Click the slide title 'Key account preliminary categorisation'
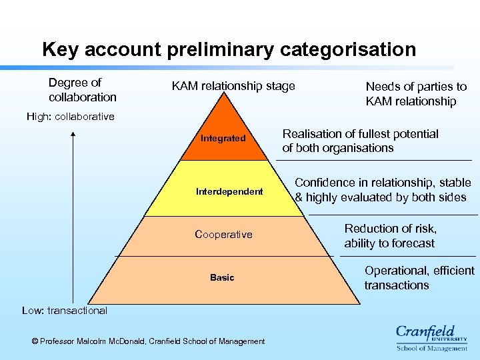[229, 49]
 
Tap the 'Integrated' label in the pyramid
[223, 139]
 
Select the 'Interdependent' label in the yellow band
[229, 192]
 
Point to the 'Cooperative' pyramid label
[223, 235]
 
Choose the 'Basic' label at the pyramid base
[222, 277]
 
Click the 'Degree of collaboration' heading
[82, 90]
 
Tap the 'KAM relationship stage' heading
[233, 86]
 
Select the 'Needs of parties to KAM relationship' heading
[416, 94]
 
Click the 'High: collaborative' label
[71, 117]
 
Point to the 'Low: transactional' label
[64, 311]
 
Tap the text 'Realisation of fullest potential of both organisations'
[360, 141]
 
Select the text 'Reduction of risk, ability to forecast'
[390, 236]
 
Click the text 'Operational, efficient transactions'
[419, 278]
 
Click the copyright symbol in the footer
[35, 341]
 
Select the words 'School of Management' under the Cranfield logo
[431, 348]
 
